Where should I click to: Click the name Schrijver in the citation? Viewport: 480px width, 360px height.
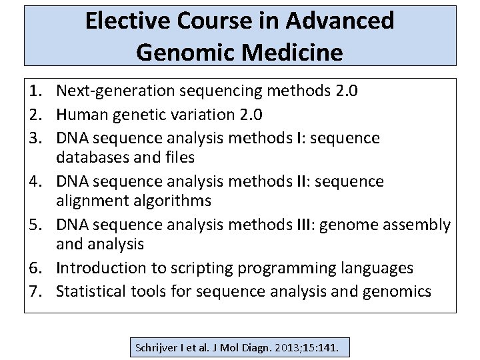coord(157,348)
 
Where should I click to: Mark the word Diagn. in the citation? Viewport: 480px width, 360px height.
coord(254,348)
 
